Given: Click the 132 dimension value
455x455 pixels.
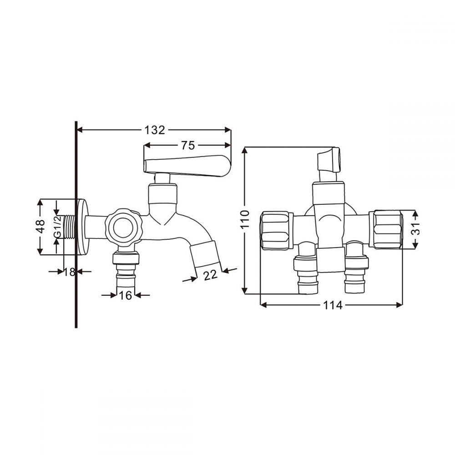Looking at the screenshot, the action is [x=155, y=130].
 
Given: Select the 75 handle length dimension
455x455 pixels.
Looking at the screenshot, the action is [x=188, y=146].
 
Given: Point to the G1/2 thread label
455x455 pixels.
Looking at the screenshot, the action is [x=58, y=227].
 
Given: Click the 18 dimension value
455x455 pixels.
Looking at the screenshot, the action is [x=70, y=272].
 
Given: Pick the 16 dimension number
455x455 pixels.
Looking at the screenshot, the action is [x=126, y=295].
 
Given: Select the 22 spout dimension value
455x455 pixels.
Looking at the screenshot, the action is [x=210, y=275].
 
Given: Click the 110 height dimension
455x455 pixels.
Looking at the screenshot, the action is [x=245, y=219].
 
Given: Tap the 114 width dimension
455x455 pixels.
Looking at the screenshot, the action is [x=333, y=305].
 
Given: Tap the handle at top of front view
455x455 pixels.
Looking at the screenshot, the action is [x=329, y=164].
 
